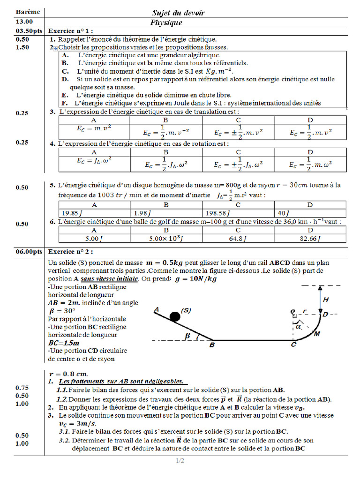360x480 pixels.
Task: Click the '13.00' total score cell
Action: pos(24,22)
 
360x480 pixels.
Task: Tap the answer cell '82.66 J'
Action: pos(310,239)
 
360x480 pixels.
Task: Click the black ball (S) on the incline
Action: pos(174,317)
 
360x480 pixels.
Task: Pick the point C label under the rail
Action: pos(293,345)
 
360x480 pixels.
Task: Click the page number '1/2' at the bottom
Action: pos(180,461)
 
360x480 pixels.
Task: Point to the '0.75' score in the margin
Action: pos(22,388)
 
